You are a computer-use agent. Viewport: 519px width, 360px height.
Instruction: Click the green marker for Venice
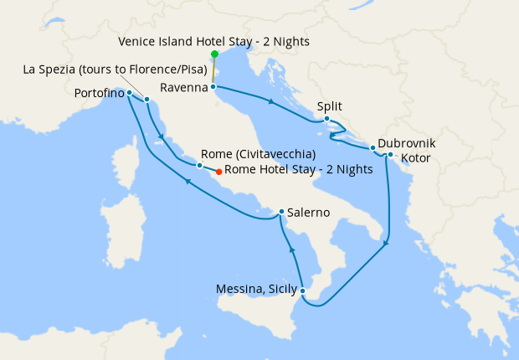tap(214, 54)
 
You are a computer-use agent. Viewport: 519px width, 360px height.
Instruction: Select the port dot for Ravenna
tap(213, 86)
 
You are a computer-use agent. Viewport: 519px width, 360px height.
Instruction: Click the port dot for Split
tap(326, 119)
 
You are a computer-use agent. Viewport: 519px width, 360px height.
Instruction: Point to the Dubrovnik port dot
tap(373, 148)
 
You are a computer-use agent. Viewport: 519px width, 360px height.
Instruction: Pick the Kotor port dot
tap(390, 154)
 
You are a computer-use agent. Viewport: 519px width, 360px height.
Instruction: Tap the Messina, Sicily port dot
tap(302, 291)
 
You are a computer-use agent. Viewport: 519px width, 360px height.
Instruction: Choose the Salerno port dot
tap(281, 212)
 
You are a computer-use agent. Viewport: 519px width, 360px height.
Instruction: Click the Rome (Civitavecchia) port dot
tap(198, 166)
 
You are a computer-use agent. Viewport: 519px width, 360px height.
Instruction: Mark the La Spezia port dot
tap(146, 100)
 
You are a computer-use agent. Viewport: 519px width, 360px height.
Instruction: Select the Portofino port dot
tap(129, 93)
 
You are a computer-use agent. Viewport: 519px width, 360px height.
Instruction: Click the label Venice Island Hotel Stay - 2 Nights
tap(213, 40)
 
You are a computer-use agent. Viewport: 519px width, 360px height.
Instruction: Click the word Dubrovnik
tap(407, 143)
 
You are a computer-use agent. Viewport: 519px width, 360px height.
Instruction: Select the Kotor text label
tap(415, 157)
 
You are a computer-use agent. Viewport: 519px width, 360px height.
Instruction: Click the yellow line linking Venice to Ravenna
tap(213, 70)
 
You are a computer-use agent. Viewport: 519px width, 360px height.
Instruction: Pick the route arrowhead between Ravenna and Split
tap(270, 102)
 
